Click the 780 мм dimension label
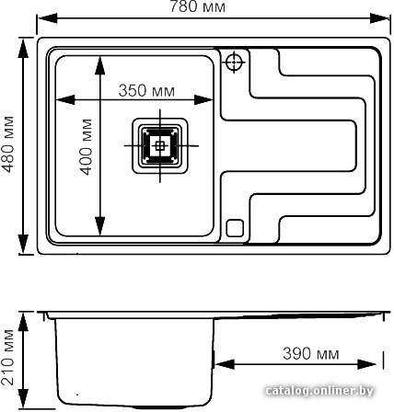coord(198,6)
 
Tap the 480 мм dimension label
coord(7,144)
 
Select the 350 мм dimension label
coord(146,91)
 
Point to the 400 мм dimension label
coord(86,147)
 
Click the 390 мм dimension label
coord(311,353)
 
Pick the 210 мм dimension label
coord(7,358)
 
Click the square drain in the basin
coord(160,145)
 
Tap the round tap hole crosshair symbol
coord(234,62)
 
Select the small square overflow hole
coord(235,228)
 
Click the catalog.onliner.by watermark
coord(319,391)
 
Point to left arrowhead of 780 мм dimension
coord(47,18)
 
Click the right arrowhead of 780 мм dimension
coord(380,18)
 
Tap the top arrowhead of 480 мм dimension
coord(23,48)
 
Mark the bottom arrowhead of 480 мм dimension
coord(23,245)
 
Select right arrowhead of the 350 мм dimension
coord(203,99)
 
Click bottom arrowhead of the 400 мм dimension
coord(100,226)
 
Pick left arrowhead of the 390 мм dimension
coord(225,364)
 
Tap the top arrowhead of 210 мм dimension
coord(23,322)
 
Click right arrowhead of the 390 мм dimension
coord(366,364)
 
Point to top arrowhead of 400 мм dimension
coord(100,66)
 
